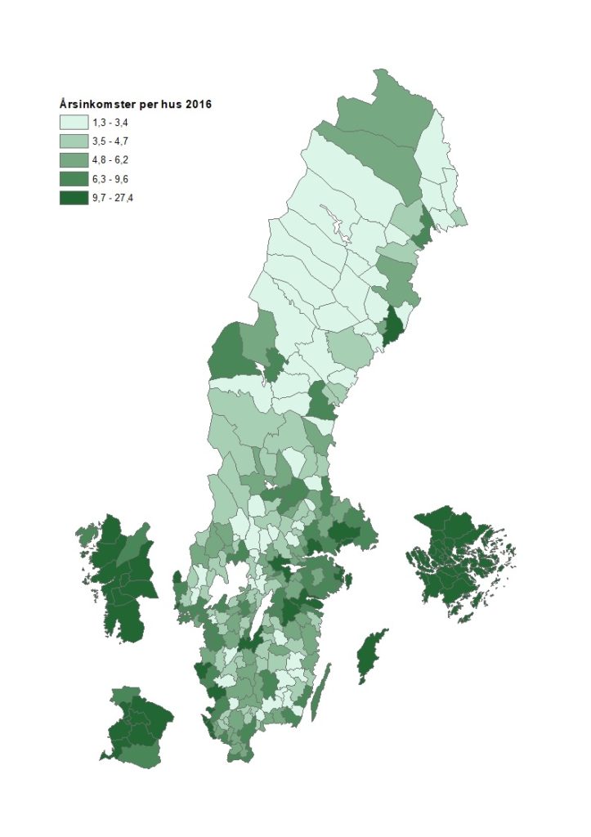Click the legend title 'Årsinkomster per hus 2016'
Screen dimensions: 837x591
[136, 105]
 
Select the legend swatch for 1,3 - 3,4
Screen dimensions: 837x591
[73, 123]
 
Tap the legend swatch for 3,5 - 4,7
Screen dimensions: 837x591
[73, 141]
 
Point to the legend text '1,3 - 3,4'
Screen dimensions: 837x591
[110, 123]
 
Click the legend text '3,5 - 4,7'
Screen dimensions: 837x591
[110, 141]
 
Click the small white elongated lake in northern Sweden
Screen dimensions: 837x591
[338, 224]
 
